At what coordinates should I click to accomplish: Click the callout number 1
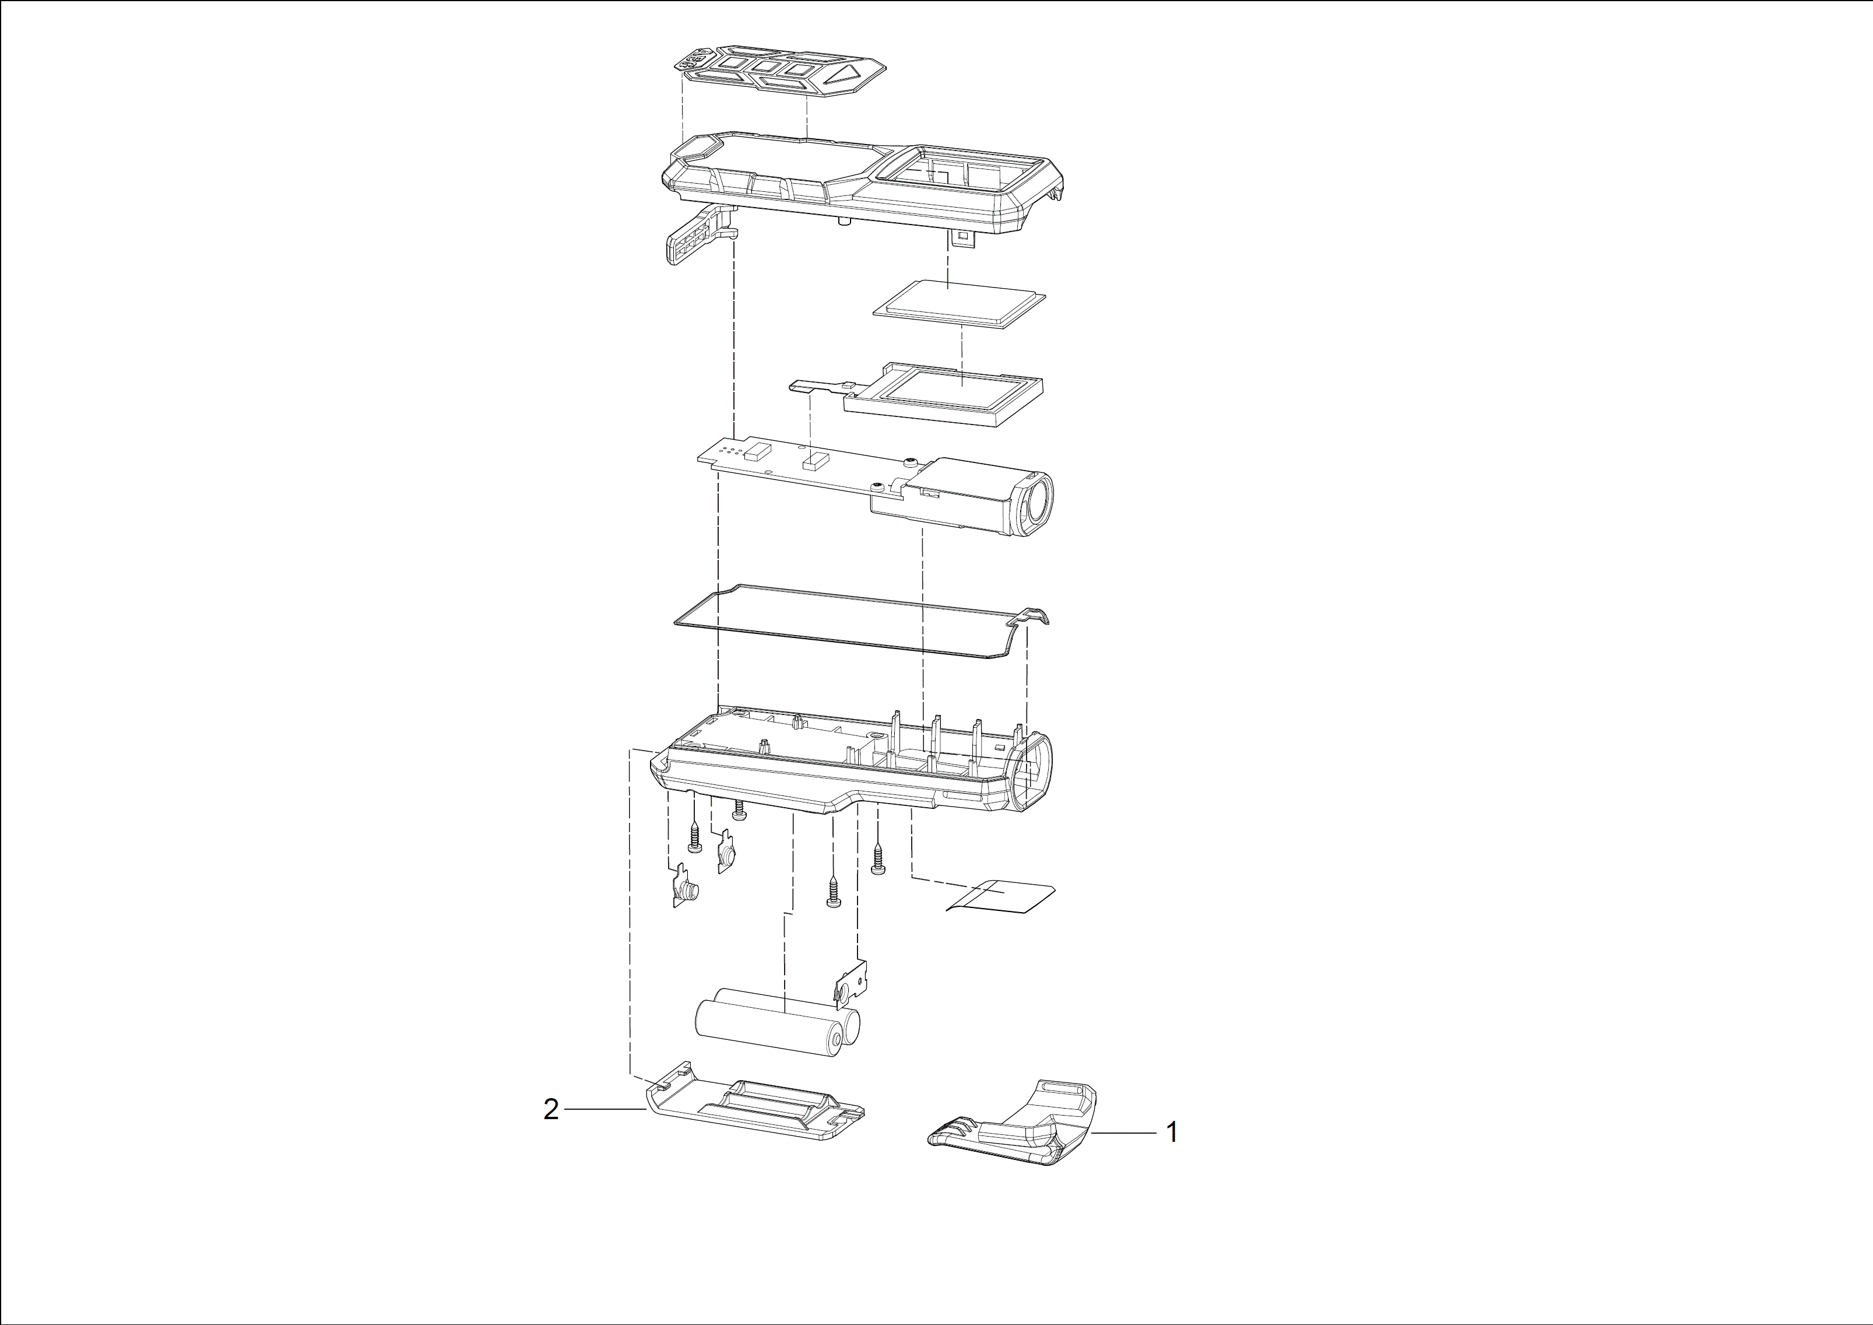pyautogui.click(x=1172, y=1133)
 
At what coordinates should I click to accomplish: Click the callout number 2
pyautogui.click(x=551, y=1110)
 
